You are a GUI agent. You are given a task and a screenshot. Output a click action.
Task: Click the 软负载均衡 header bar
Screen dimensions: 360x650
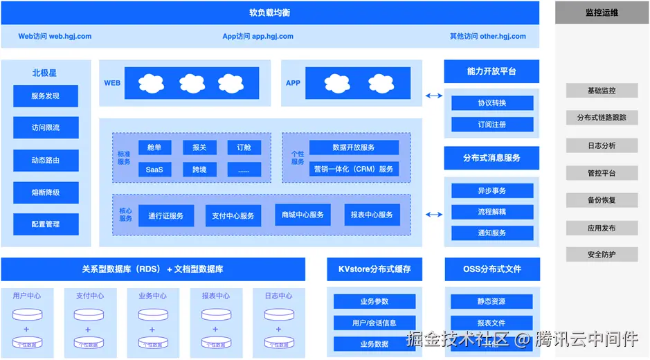pyautogui.click(x=270, y=12)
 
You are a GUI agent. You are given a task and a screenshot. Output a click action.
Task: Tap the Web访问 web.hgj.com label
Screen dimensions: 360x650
pyautogui.click(x=55, y=37)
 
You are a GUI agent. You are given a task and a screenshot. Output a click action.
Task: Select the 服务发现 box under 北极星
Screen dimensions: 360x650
pyautogui.click(x=46, y=96)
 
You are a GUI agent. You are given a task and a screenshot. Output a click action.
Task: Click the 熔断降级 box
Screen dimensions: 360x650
pyautogui.click(x=46, y=192)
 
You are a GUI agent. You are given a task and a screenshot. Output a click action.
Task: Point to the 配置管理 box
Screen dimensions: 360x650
pyautogui.click(x=46, y=224)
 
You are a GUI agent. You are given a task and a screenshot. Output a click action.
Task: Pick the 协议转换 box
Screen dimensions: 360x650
pyautogui.click(x=492, y=103)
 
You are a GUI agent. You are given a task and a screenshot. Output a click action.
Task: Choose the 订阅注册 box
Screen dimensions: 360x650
pyautogui.click(x=492, y=125)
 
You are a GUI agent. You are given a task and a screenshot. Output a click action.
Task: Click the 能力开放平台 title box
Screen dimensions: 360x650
pyautogui.click(x=491, y=71)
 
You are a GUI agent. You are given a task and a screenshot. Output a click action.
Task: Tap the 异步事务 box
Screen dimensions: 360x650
pyautogui.click(x=492, y=190)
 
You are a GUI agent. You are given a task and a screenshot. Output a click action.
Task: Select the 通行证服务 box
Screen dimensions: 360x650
pyautogui.click(x=166, y=215)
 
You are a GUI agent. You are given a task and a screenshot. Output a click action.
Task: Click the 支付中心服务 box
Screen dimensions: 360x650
pyautogui.click(x=233, y=215)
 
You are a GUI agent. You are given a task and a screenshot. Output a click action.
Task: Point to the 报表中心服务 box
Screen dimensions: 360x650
pyautogui.click(x=372, y=215)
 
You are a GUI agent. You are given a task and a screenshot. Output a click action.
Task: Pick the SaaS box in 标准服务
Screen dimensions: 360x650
pyautogui.click(x=154, y=170)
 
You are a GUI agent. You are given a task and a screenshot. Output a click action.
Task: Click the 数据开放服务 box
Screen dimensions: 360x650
pyautogui.click(x=354, y=147)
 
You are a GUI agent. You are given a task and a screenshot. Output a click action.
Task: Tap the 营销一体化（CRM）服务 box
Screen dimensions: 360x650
pyautogui.click(x=354, y=169)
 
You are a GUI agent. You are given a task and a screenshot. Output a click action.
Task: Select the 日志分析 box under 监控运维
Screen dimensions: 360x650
pyautogui.click(x=602, y=146)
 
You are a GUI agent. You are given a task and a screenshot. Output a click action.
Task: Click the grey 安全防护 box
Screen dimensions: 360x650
pyautogui.click(x=602, y=255)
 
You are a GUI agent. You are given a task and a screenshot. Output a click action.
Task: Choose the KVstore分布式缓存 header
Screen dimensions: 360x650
pyautogui.click(x=374, y=269)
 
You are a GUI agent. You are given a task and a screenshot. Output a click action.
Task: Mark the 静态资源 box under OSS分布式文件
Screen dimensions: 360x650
pyautogui.click(x=492, y=302)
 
